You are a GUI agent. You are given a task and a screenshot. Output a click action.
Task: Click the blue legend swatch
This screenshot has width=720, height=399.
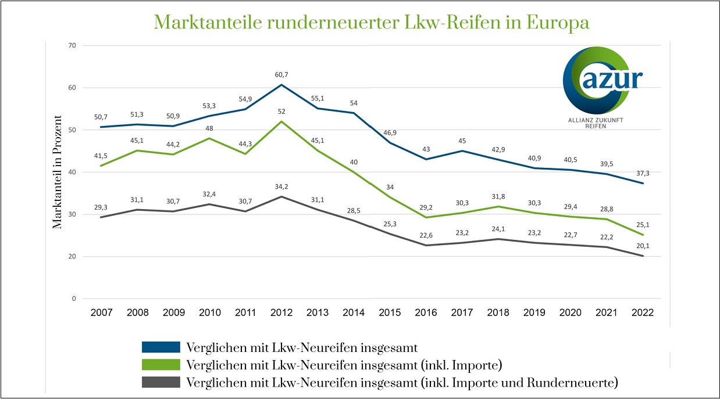(160, 347)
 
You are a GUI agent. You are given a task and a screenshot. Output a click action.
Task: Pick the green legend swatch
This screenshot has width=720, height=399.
(160, 365)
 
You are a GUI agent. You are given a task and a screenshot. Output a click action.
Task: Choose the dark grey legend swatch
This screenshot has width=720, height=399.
(160, 382)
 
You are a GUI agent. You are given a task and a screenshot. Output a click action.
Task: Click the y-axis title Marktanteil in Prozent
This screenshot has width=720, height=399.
(57, 172)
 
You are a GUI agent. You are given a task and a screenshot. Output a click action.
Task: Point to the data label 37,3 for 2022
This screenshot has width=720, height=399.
(643, 173)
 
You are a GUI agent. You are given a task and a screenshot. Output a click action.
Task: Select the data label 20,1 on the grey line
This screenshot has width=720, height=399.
(643, 246)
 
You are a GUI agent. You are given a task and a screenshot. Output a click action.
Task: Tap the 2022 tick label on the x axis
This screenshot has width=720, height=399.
(643, 312)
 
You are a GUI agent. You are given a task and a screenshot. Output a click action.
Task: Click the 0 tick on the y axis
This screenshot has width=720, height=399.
(73, 299)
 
